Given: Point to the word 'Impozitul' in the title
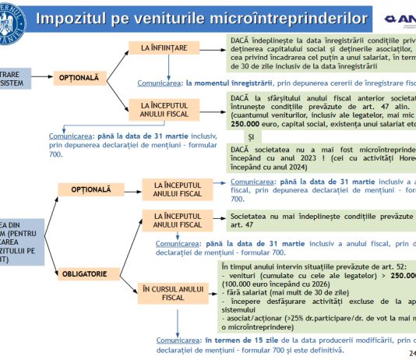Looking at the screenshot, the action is [99, 17].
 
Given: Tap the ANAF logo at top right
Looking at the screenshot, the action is [399, 18].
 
